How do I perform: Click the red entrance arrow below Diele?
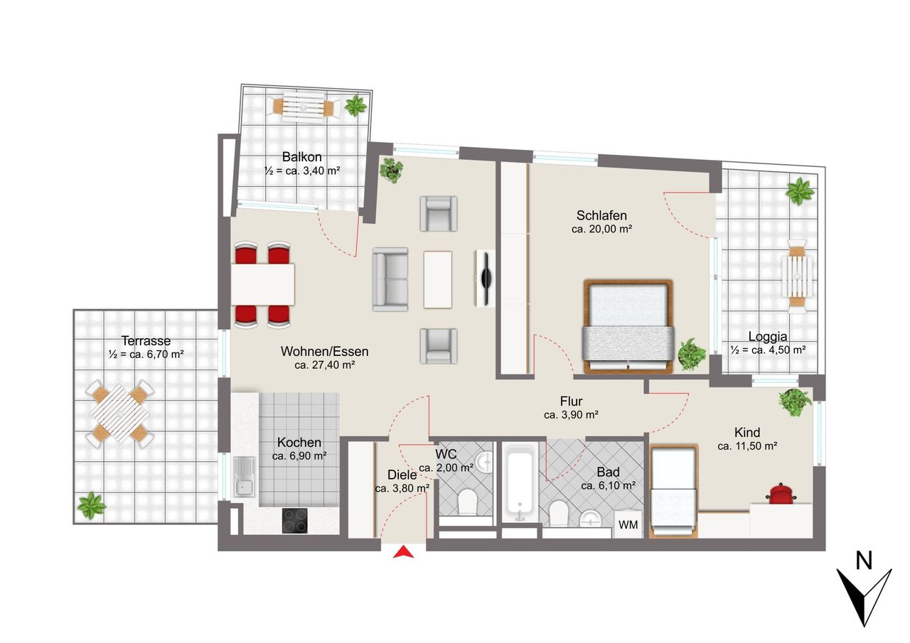coord(403,553)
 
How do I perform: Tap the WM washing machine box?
coord(628,524)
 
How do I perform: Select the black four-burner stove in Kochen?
coord(295,521)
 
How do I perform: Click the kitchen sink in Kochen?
coord(245,477)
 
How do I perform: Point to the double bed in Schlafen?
coord(628,326)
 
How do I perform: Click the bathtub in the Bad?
coord(520,482)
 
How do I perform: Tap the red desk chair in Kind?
coord(781,493)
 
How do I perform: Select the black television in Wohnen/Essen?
coord(486,279)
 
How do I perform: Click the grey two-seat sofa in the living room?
coord(390,279)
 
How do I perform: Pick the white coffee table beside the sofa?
coord(437,280)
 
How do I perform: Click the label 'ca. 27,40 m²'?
coord(325,365)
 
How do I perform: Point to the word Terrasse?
coord(146,340)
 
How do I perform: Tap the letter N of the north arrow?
coord(864,561)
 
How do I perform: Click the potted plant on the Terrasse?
coord(91,505)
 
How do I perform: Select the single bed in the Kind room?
coord(673,492)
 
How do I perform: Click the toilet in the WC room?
coord(466,502)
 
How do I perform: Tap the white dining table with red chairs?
coord(263,284)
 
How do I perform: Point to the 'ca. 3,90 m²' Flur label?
coord(571,415)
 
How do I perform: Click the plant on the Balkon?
coord(355,105)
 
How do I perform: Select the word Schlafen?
coord(601,215)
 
